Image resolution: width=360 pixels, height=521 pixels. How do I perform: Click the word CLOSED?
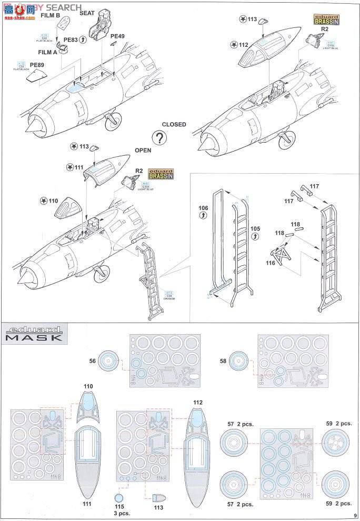pyautogui.click(x=174, y=125)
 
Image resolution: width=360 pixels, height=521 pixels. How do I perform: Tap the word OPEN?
pyautogui.click(x=143, y=150)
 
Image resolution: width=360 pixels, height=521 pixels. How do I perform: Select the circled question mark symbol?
pyautogui.click(x=157, y=138)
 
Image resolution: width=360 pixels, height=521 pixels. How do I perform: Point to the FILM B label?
pyautogui.click(x=51, y=16)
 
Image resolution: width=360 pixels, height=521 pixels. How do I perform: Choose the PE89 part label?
pyautogui.click(x=37, y=65)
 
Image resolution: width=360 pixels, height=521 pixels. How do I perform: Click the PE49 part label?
pyautogui.click(x=117, y=36)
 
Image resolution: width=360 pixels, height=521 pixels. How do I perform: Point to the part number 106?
pyautogui.click(x=203, y=209)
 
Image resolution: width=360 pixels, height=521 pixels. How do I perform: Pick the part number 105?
pyautogui.click(x=255, y=229)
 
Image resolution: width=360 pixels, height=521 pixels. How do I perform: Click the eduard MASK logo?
pyautogui.click(x=35, y=334)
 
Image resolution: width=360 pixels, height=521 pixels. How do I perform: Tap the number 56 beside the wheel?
pyautogui.click(x=92, y=361)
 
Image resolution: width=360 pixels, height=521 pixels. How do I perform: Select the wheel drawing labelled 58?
pyautogui.click(x=238, y=362)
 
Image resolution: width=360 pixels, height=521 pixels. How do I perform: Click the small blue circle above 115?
pyautogui.click(x=120, y=498)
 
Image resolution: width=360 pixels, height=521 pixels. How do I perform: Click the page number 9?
pyautogui.click(x=356, y=516)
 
